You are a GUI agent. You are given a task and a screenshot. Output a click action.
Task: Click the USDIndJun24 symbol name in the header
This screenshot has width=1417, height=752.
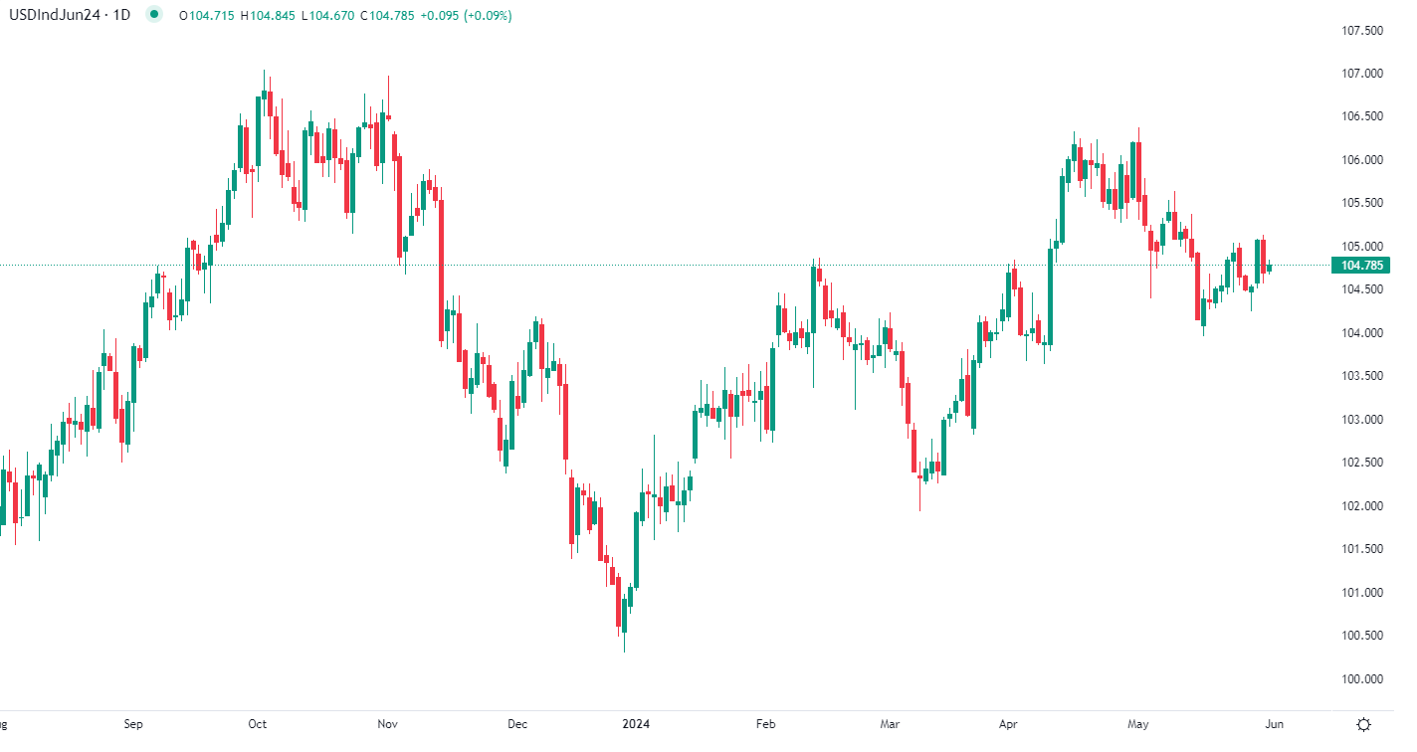pos(52,15)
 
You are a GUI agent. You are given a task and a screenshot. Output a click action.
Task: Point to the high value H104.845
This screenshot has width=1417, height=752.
pos(272,15)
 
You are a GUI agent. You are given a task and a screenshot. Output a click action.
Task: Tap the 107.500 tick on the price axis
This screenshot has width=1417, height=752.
pos(1362,31)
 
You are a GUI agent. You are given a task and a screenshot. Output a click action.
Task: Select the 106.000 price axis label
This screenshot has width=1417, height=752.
pos(1362,160)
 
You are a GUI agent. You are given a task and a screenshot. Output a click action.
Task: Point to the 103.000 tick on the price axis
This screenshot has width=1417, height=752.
pos(1362,420)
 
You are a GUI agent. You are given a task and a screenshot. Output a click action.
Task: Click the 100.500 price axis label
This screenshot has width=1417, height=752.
pos(1362,636)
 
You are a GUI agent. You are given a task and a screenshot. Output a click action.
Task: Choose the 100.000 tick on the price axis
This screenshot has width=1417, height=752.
pos(1362,679)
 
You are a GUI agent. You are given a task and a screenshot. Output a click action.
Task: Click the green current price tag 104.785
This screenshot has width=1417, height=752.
pos(1362,266)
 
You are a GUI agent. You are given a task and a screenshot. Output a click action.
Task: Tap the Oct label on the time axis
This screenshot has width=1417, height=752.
pos(258,724)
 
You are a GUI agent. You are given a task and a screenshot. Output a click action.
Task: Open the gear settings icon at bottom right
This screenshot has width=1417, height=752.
pos(1364,724)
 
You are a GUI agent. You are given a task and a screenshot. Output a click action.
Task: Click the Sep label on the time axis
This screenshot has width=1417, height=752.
pos(133,724)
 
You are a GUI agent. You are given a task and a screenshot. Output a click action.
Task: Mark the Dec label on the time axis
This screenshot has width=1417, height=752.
pos(517,724)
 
